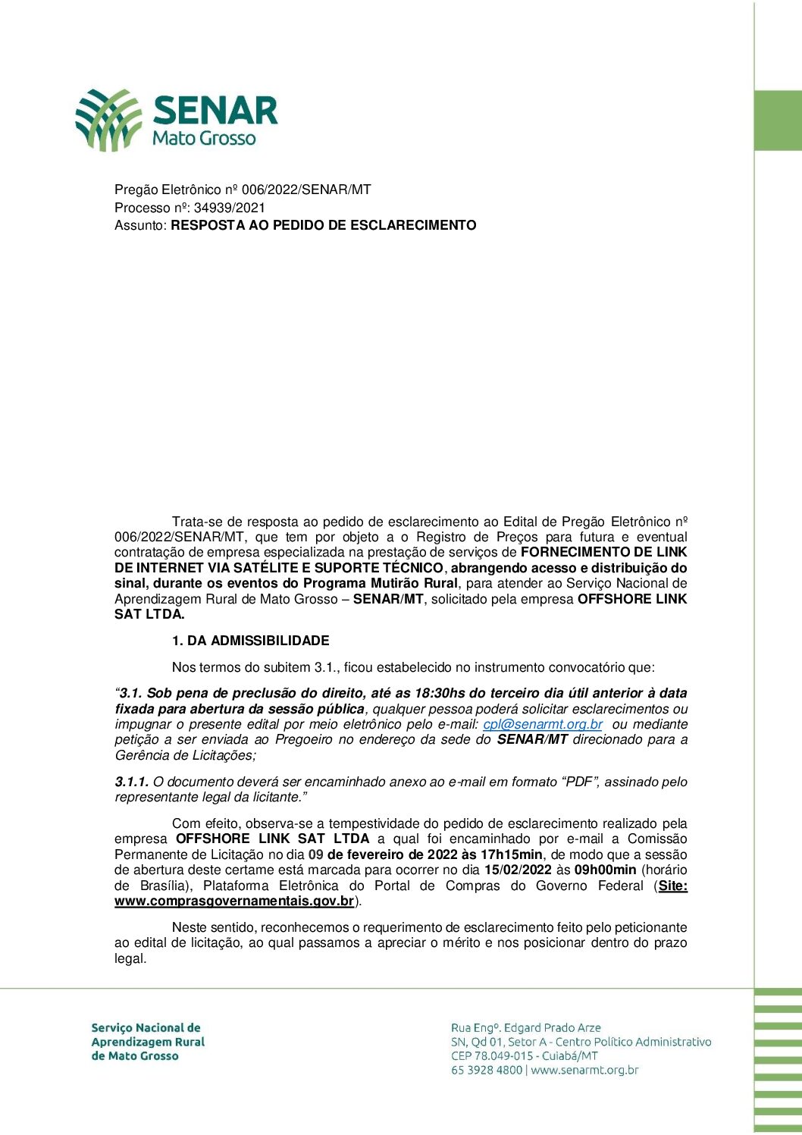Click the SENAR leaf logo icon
coord(108,120)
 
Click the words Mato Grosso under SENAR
coord(204,138)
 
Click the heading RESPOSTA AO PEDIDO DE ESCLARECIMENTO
coord(324,225)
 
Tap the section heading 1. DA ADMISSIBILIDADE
coord(250,641)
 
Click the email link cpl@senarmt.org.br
coord(543,724)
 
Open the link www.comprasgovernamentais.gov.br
coord(234,901)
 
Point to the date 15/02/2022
coord(518,870)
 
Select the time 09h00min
coord(605,870)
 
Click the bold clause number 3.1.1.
coord(131,782)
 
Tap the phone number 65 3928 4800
coord(487,1071)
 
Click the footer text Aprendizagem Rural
coord(148,1042)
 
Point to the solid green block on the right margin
coord(778,121)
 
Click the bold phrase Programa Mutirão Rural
coord(381,583)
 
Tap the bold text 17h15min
coord(512,854)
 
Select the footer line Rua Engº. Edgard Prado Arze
coord(526,1028)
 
